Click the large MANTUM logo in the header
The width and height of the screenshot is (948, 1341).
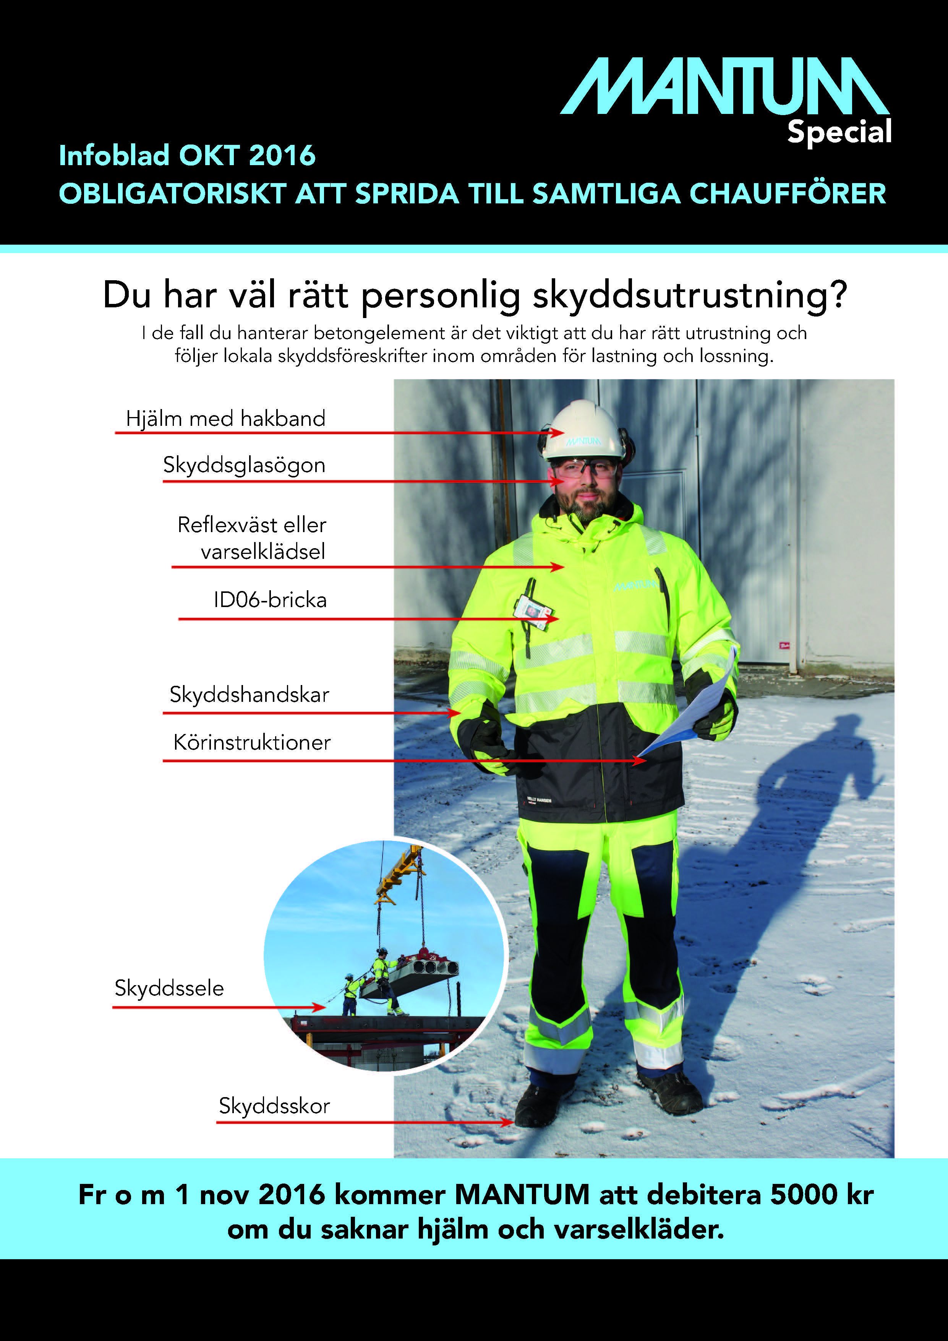pos(724,86)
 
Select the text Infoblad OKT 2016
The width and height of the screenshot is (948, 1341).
pos(187,155)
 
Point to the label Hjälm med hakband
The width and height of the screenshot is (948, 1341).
pos(225,419)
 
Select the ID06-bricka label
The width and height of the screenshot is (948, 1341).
pos(270,600)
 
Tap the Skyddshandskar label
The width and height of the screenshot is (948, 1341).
pos(249,695)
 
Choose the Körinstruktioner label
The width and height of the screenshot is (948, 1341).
pos(251,742)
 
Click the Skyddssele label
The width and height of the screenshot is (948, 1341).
pos(169,988)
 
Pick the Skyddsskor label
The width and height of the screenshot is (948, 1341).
pos(274,1106)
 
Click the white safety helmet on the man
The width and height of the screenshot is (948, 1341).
pos(582,429)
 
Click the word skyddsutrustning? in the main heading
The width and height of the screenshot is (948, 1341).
pos(689,295)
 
